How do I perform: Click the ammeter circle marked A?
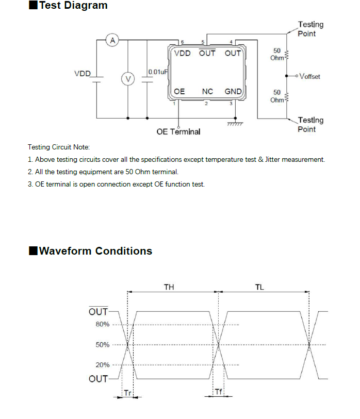click(112, 40)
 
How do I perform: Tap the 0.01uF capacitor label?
click(158, 72)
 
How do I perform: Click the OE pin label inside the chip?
click(179, 92)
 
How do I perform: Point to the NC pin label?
click(207, 92)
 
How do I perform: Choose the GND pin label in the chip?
click(233, 92)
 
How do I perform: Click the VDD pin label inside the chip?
click(182, 54)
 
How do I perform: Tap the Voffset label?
click(310, 76)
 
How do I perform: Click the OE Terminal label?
click(178, 132)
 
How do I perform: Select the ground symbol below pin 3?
click(235, 124)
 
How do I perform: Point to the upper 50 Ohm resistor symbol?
click(287, 55)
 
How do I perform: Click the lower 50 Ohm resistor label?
click(277, 96)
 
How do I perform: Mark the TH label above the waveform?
click(169, 287)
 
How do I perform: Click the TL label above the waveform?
click(259, 287)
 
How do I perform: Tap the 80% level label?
click(103, 324)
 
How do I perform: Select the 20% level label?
click(103, 365)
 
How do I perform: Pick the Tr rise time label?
click(127, 393)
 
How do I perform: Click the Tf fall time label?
click(218, 392)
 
